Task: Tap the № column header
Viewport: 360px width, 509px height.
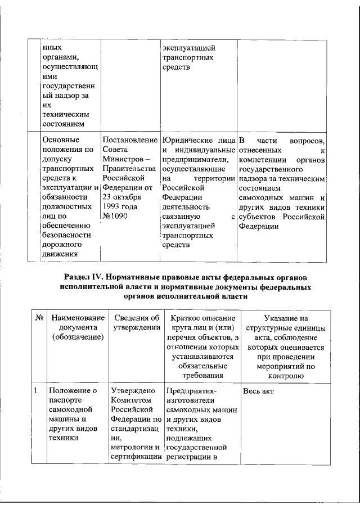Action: [39, 318]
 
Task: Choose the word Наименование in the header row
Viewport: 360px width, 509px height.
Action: [75, 318]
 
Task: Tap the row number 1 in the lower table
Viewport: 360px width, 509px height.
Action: [35, 390]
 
